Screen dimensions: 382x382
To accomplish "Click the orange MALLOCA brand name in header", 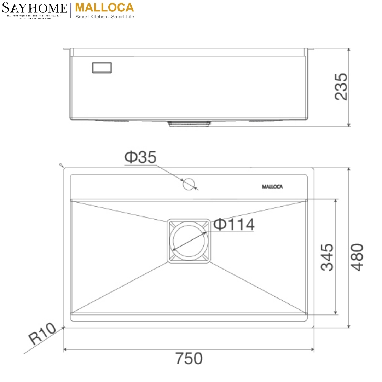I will pyautogui.click(x=105, y=7).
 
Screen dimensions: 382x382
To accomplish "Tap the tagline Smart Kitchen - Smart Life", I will pyautogui.click(x=105, y=17).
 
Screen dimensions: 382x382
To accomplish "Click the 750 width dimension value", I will pyautogui.click(x=189, y=359).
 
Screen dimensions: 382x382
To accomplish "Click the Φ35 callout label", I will pyautogui.click(x=140, y=157).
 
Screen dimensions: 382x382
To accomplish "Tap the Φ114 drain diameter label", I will pyautogui.click(x=234, y=224).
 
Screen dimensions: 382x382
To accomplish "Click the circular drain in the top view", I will pyautogui.click(x=189, y=241).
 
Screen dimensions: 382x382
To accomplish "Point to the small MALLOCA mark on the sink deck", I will pyautogui.click(x=272, y=187).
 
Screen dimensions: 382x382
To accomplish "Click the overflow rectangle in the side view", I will pyautogui.click(x=102, y=68).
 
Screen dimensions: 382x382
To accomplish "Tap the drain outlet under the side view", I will pyautogui.click(x=189, y=123).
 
